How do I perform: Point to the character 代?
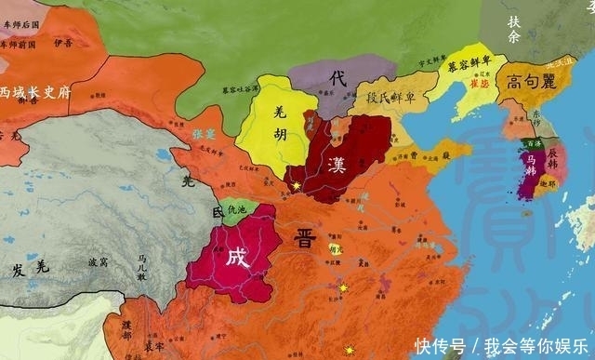(x=337, y=80)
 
